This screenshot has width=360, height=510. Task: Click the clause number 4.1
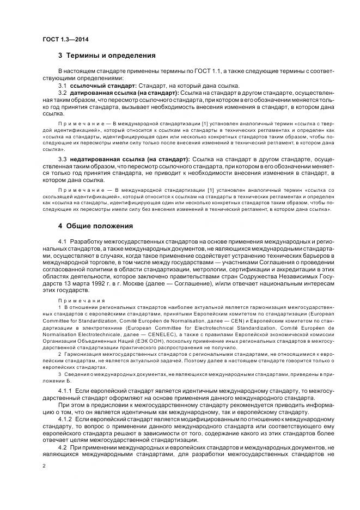coord(63,241)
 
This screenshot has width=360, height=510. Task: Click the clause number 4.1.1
coord(65,391)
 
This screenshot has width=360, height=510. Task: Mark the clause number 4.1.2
coord(65,421)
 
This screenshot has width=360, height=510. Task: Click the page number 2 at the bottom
coord(44,466)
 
